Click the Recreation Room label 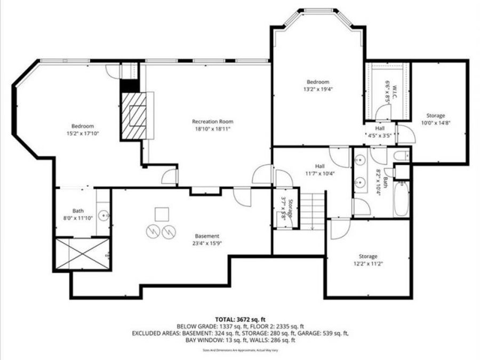(x=213, y=122)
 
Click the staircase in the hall (x=312, y=211)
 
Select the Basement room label (x=207, y=236)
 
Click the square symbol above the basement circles (x=162, y=214)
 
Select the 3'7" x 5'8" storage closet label (x=287, y=206)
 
